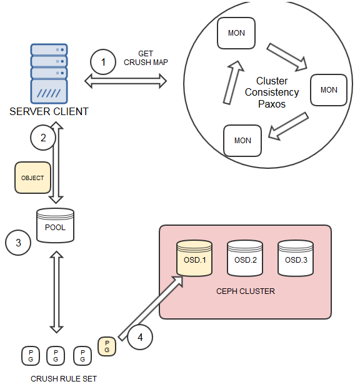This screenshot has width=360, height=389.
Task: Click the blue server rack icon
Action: (49, 73)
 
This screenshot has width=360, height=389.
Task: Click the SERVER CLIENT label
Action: (49, 112)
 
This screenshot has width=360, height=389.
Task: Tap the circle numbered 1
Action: (103, 63)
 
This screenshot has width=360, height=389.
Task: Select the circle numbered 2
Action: (43, 138)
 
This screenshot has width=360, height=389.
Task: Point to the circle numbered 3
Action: (18, 243)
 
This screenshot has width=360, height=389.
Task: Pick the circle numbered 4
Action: (141, 338)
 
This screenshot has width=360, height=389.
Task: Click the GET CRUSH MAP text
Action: (146, 58)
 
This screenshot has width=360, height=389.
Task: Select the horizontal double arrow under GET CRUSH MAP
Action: (127, 80)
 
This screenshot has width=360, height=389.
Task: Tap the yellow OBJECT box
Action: (32, 178)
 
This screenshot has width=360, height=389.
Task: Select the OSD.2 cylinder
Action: (245, 258)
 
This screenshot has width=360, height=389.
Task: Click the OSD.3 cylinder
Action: (296, 258)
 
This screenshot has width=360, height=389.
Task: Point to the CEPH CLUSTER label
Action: (245, 291)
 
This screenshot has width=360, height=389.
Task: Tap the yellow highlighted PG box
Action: (107, 346)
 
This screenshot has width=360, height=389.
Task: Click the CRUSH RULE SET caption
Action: (64, 378)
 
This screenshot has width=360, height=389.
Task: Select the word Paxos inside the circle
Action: (272, 104)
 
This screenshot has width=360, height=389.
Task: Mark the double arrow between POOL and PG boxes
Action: (56, 292)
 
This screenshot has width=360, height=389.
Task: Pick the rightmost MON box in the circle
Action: (329, 90)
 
